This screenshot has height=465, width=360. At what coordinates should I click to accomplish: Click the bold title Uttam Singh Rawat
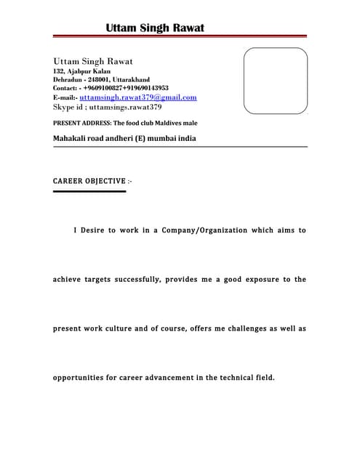pos(155,28)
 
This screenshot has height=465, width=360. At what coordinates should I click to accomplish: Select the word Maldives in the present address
pos(167,123)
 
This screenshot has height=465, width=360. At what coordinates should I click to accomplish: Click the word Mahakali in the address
pos(71,137)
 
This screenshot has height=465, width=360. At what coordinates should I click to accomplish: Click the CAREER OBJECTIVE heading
pos(92,180)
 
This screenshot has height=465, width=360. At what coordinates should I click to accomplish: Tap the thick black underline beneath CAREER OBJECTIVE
pos(89,191)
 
